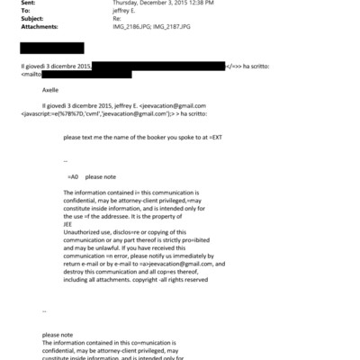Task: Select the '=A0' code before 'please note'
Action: tap(74, 176)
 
